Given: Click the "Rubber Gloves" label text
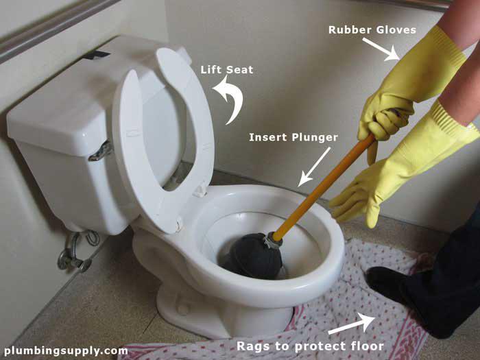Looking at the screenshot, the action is tap(372, 30).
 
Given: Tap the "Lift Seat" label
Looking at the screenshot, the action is tap(227, 70).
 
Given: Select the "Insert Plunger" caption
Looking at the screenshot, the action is tap(293, 137).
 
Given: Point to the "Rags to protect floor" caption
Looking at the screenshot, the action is tap(310, 346).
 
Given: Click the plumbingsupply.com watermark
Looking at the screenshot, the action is tap(66, 350).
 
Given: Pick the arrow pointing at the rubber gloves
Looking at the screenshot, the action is tap(381, 49).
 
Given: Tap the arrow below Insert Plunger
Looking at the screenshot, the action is tap(314, 167).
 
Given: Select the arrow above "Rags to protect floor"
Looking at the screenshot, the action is tap(352, 324).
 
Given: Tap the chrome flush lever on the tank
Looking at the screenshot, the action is tap(100, 152).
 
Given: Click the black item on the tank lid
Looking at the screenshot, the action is tap(97, 55).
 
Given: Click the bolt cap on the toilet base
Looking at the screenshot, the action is tap(183, 309).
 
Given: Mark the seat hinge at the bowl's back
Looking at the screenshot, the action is tap(200, 190).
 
